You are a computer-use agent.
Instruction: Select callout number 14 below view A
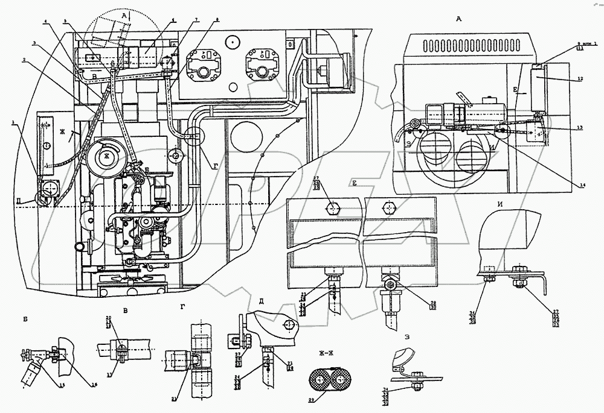point(583,186)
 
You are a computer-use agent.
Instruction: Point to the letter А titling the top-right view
point(459,19)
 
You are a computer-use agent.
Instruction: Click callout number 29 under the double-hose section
point(328,400)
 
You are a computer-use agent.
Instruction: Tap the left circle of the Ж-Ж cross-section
point(318,379)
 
